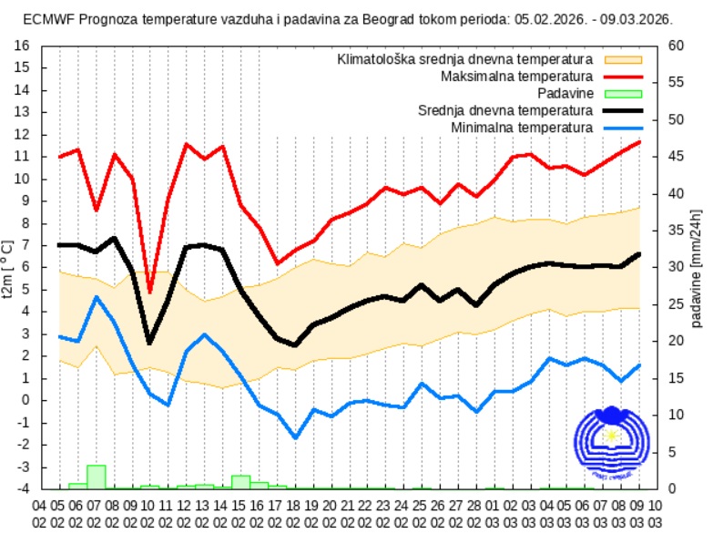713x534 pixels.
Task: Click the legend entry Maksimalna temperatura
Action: (516, 76)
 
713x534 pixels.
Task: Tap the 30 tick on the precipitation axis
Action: (676, 267)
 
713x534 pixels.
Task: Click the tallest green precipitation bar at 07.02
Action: (96, 477)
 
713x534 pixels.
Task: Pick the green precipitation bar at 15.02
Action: (240, 482)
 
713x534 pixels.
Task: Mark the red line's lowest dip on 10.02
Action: (150, 292)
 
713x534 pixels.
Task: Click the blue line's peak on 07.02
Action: (96, 296)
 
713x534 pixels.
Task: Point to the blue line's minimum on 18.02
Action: (295, 437)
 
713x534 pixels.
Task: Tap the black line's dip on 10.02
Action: (150, 343)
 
